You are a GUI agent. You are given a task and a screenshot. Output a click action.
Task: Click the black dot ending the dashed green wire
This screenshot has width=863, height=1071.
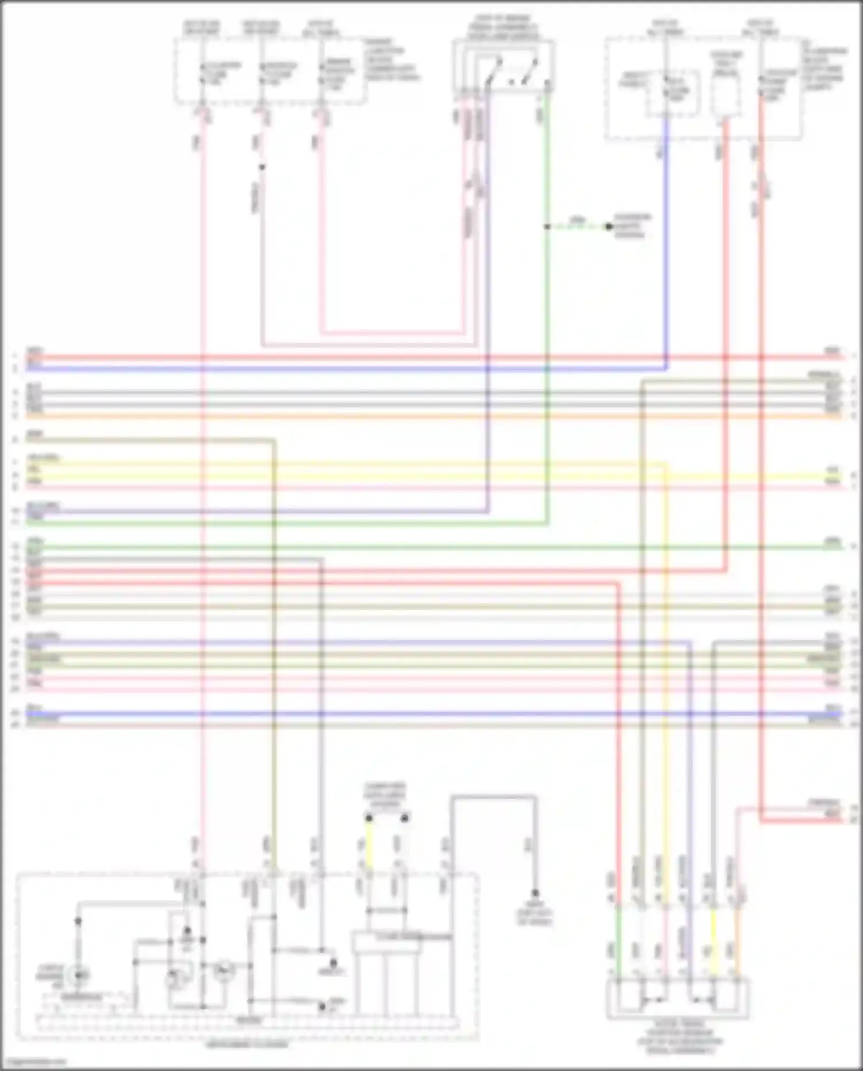[609, 226]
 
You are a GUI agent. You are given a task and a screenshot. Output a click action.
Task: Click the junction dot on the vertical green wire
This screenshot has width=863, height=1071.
[547, 227]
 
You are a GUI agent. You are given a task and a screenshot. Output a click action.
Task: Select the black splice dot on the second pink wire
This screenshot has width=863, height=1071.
[262, 167]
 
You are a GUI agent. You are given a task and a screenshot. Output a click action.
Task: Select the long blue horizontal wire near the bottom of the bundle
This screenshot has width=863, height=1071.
[403, 714]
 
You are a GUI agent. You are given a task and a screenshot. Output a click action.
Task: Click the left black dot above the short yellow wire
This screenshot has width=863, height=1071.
[369, 818]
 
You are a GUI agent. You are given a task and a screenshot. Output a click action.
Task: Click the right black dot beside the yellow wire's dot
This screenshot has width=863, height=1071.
[405, 818]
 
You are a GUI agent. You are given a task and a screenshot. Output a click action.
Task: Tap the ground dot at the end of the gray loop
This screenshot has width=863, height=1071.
[535, 893]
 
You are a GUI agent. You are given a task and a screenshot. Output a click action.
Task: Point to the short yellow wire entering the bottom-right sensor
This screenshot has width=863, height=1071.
[713, 944]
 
